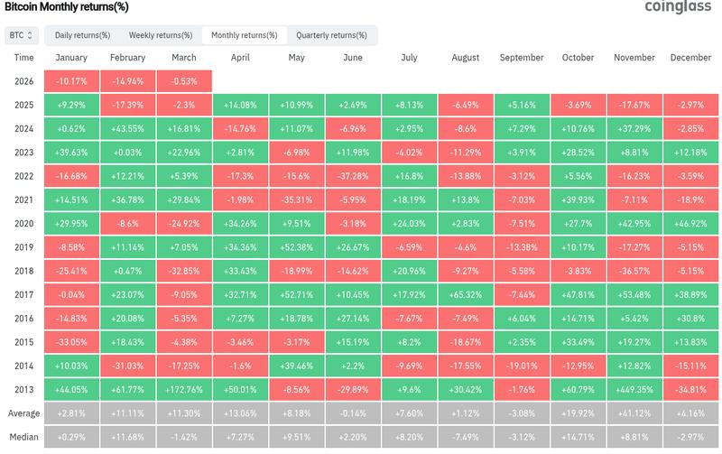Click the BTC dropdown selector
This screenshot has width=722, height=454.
(21, 35)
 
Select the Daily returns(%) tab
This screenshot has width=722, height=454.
(82, 35)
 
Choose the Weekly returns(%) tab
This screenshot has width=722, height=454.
(160, 35)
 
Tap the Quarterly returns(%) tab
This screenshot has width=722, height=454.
(331, 35)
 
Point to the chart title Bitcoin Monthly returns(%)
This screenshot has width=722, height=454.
(66, 7)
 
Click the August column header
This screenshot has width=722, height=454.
(465, 58)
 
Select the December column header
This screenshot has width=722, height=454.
(690, 58)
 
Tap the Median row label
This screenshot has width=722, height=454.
(24, 436)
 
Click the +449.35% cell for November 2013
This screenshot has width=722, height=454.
(634, 388)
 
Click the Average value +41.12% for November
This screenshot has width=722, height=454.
(634, 412)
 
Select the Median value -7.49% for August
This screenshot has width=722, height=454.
(465, 436)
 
